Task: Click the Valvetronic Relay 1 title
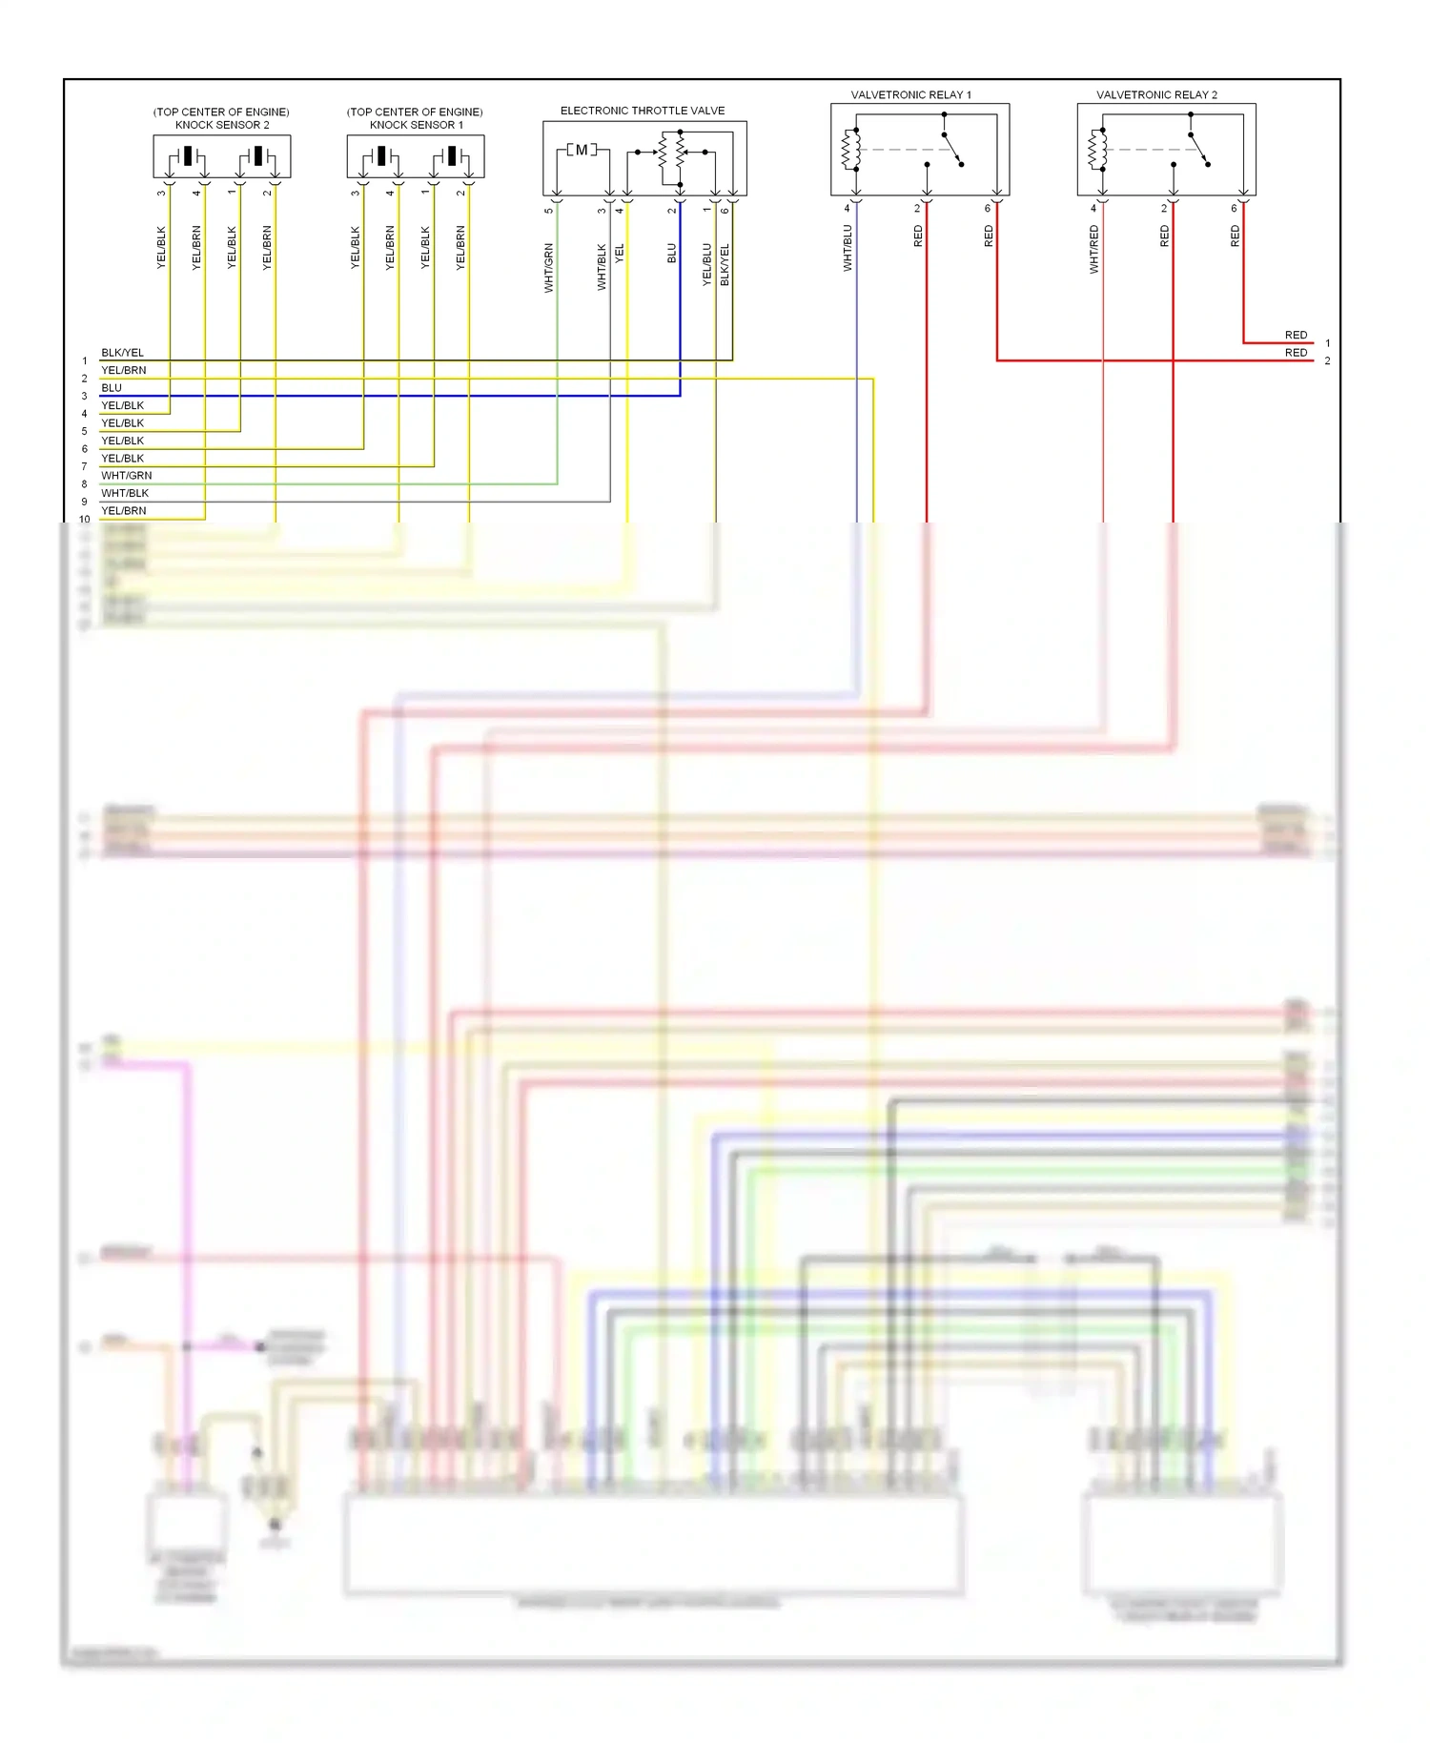coord(910,95)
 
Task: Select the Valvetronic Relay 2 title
coord(1156,95)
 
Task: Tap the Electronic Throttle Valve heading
coord(642,111)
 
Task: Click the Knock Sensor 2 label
coord(221,125)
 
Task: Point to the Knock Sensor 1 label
coord(416,125)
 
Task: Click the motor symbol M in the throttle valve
coord(582,150)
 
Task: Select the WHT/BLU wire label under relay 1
coord(848,248)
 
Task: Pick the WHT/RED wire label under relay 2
coord(1093,250)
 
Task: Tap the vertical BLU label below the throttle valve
coord(671,253)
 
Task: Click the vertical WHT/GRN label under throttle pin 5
coord(548,268)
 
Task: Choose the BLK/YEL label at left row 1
coord(122,353)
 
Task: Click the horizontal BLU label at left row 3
coord(112,388)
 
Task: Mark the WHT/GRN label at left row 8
coord(126,476)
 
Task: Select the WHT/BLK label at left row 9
coord(125,493)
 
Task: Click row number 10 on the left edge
coord(85,520)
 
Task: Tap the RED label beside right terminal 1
coord(1296,335)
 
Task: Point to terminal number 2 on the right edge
coord(1327,361)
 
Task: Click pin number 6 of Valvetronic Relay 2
coord(1234,208)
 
